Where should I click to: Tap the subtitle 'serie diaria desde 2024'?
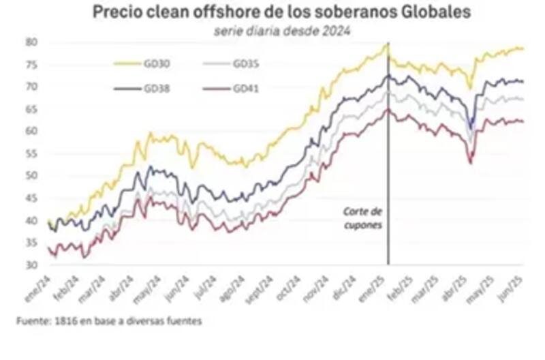[281, 31]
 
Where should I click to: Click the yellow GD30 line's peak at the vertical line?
[388, 44]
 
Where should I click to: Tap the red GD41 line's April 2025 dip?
[471, 162]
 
